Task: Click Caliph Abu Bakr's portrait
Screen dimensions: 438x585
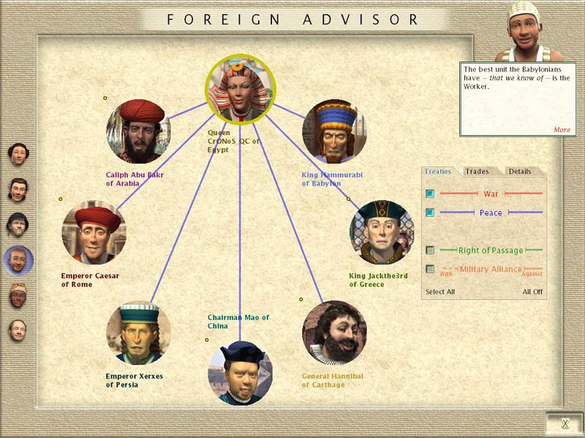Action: coord(138,131)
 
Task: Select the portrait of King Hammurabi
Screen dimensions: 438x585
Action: coord(334,131)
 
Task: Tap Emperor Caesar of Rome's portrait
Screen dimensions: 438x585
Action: coord(94,232)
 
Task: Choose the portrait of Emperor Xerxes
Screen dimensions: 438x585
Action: coord(138,332)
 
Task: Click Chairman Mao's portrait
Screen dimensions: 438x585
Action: coord(240,373)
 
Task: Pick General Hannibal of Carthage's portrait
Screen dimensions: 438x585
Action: coord(334,332)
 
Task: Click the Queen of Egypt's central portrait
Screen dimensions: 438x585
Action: coord(240,89)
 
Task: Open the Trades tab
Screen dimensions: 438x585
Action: coord(477,172)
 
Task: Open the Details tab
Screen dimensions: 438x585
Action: coord(520,172)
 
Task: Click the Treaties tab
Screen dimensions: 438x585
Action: coord(438,172)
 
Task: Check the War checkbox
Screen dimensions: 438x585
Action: coord(430,193)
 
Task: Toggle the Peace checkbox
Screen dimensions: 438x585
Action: coord(430,212)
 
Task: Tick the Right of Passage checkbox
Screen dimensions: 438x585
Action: coord(430,250)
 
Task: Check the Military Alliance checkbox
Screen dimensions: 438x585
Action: coord(430,269)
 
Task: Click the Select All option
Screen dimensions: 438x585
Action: coord(440,292)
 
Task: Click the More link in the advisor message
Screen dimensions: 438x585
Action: coord(562,130)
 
